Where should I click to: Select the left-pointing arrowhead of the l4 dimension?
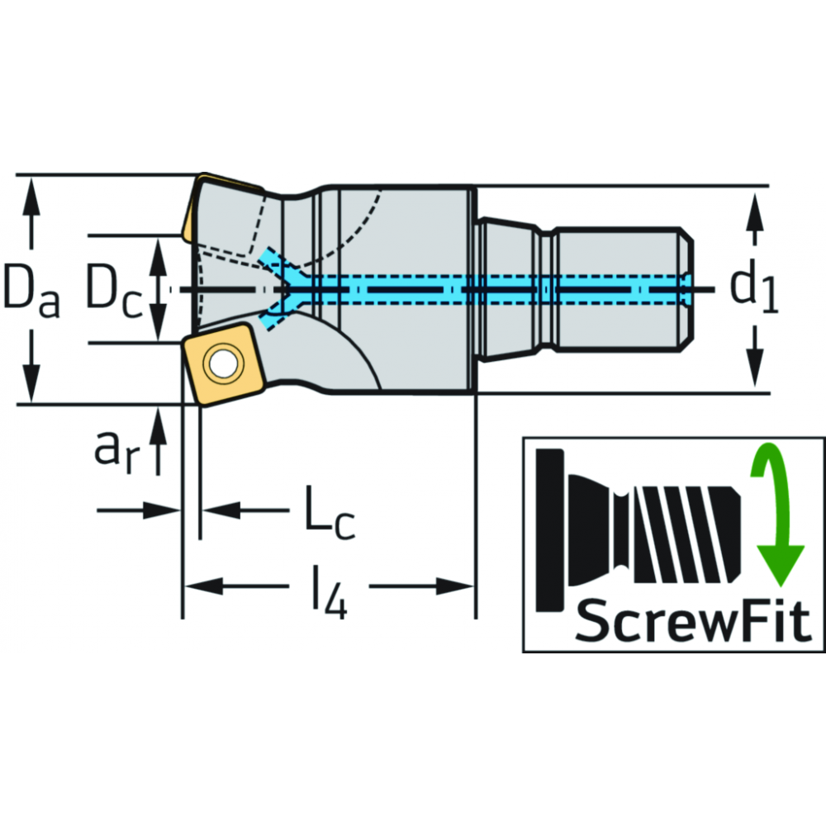click(x=195, y=586)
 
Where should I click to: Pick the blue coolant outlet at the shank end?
click(x=687, y=289)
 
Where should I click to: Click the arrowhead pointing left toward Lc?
click(x=214, y=510)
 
